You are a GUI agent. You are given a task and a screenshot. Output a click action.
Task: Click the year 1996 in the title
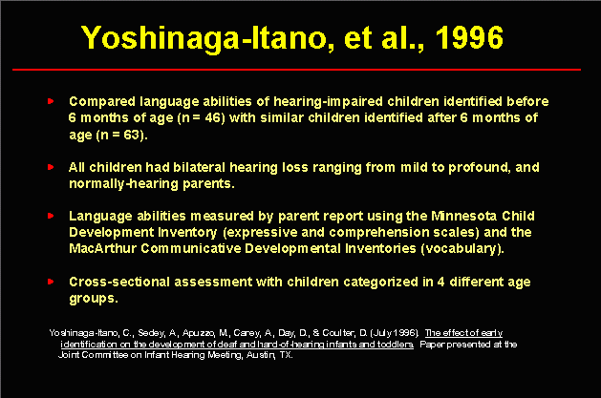point(469,37)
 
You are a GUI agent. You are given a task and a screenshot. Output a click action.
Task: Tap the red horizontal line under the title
point(296,70)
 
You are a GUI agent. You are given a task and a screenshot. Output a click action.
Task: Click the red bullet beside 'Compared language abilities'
point(51,101)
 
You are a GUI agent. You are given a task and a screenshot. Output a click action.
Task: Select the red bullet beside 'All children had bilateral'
point(51,167)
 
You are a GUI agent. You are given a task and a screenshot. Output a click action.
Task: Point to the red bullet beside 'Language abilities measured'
point(51,216)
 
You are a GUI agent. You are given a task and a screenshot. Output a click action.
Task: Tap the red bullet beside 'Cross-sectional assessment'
point(51,282)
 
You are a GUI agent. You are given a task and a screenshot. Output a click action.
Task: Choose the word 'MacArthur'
point(103,249)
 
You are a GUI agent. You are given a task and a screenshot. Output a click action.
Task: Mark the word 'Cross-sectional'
point(119,283)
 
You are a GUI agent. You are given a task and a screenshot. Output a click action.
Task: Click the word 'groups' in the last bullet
point(92,299)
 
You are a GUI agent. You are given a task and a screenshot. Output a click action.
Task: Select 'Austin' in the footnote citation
point(260,355)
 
